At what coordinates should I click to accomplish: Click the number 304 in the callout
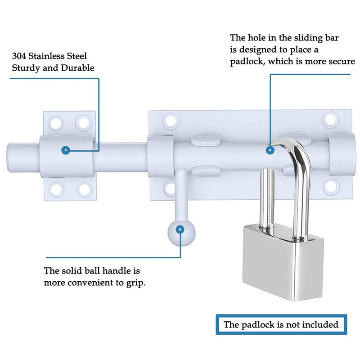point(21,57)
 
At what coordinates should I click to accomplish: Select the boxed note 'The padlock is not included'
point(281,324)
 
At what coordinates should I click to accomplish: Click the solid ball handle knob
point(180,230)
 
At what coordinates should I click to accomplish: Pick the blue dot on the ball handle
point(180,229)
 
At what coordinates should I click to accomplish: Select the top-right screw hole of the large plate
point(331,120)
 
